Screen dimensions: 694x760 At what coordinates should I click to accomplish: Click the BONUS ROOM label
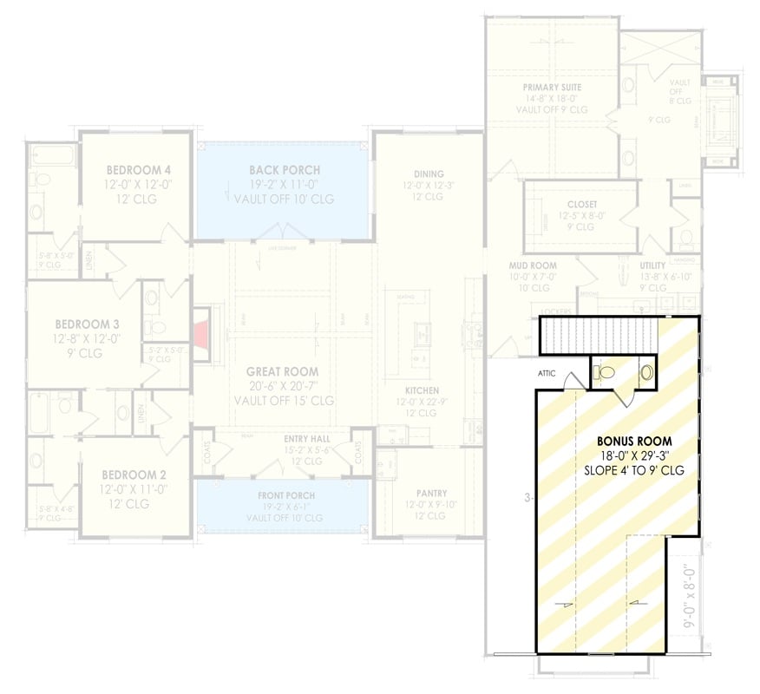point(634,440)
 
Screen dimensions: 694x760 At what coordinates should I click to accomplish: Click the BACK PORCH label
point(284,170)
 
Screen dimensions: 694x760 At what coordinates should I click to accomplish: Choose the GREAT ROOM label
point(283,372)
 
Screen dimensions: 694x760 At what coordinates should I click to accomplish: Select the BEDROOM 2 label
point(134,475)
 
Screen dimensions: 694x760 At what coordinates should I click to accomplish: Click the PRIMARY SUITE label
point(552,88)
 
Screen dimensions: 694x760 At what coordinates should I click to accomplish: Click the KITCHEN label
point(422,391)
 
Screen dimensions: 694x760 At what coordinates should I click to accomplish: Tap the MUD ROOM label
point(533,265)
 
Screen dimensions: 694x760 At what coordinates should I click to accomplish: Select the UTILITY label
point(652,265)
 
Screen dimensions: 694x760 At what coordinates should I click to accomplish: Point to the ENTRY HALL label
point(307,439)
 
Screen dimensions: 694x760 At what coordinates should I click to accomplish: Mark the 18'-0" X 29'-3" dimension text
point(634,455)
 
